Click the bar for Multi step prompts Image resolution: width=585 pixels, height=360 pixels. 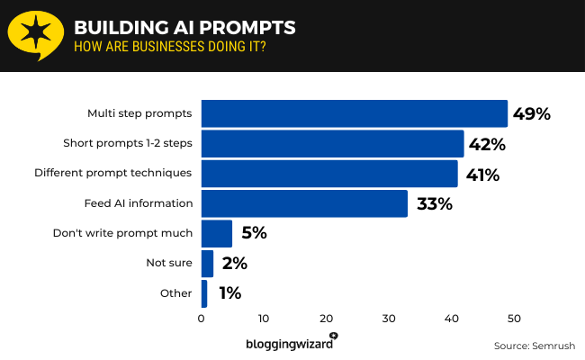pos(354,113)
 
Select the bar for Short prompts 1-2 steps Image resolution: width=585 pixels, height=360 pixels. pos(332,143)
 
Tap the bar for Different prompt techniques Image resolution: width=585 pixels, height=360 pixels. pos(329,174)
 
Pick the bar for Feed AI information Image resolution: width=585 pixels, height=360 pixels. pos(304,203)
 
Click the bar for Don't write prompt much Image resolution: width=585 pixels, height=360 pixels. pos(216,233)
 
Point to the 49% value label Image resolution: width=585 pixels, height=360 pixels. pos(531,113)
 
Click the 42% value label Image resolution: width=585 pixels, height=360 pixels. pos(487,144)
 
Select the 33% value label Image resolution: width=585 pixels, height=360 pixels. pos(434,203)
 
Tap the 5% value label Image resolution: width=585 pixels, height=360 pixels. pos(254,233)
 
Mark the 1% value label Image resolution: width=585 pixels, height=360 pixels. pos(229,292)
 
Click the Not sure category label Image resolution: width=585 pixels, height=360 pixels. pos(169,263)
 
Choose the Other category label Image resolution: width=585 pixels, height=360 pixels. pos(176,292)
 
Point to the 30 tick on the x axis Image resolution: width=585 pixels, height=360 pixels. pos(389,318)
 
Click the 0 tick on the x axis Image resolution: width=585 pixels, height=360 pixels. pos(202,318)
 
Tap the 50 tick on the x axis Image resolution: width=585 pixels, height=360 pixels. pos(514,318)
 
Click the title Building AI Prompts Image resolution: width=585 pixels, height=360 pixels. pos(184,27)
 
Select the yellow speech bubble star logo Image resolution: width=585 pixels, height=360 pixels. pos(33,35)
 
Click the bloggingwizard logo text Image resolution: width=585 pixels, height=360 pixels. pos(288,343)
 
